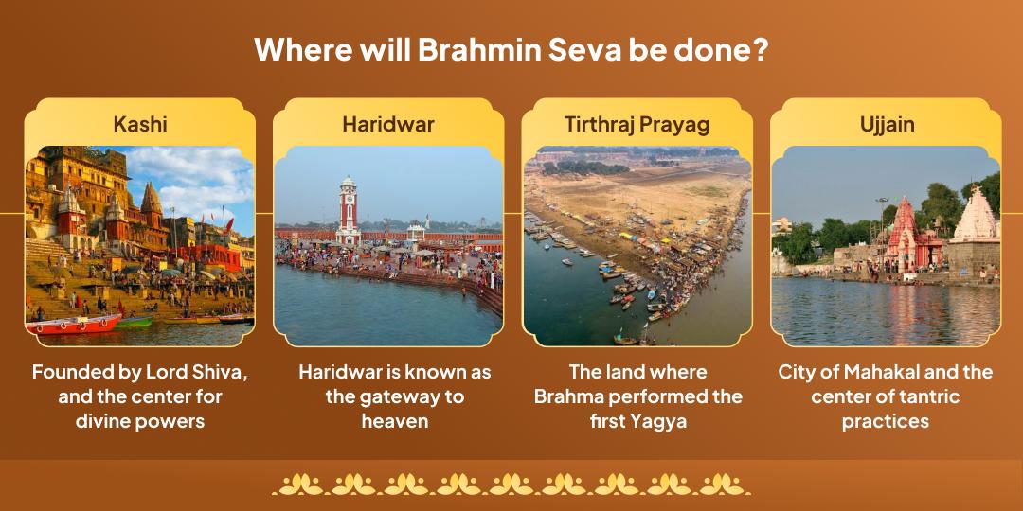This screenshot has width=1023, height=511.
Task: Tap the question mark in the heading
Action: [759, 50]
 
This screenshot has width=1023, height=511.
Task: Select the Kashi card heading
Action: [140, 125]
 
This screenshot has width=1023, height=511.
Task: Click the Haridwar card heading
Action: [388, 125]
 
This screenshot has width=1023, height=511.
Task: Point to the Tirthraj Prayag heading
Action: [637, 125]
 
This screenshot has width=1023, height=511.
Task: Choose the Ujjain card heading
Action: [887, 125]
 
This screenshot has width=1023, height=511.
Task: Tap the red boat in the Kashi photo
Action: [74, 325]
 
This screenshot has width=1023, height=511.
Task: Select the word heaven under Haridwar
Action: [395, 420]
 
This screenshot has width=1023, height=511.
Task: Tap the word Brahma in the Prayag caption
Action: [566, 396]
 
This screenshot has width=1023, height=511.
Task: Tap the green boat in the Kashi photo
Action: [135, 322]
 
